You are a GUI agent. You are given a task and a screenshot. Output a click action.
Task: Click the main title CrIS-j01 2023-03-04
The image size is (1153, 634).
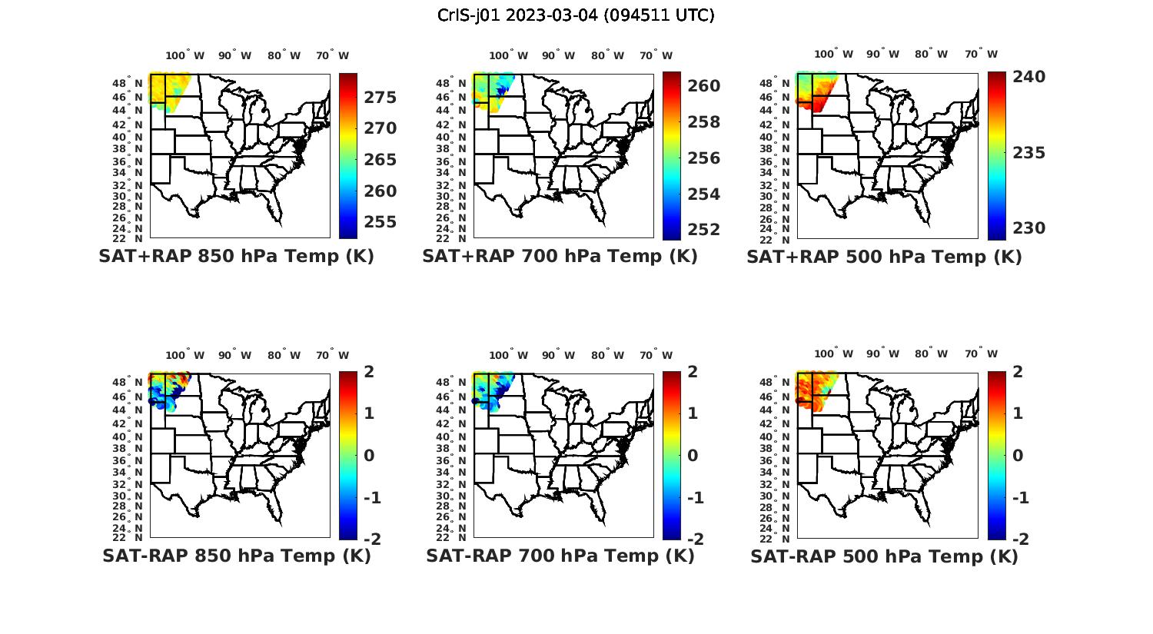click(576, 15)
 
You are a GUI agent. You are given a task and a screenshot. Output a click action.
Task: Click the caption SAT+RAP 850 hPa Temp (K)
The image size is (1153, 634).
click(236, 256)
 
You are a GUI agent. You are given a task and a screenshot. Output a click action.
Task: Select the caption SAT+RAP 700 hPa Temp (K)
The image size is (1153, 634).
click(560, 256)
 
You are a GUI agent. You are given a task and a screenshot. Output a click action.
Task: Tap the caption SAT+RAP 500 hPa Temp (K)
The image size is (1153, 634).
click(884, 257)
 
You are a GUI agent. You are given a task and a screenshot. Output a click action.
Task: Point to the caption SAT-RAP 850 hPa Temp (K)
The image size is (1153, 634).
click(236, 556)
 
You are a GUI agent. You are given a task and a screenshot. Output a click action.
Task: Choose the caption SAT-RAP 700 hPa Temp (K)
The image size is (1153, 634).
click(560, 556)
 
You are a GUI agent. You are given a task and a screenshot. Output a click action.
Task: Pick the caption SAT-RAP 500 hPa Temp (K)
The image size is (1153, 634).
click(884, 556)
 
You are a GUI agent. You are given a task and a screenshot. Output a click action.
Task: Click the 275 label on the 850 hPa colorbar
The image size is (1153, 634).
click(380, 98)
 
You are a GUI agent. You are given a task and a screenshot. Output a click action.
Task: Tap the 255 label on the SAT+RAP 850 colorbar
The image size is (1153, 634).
click(380, 222)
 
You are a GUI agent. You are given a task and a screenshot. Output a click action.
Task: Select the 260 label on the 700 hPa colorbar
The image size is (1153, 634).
click(703, 86)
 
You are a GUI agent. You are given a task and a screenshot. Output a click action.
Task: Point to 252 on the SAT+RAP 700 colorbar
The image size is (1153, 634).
click(703, 230)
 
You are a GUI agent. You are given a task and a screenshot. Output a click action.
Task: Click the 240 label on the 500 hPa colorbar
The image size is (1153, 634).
click(1028, 77)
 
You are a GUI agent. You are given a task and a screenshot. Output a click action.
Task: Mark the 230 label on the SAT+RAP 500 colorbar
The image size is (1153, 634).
click(1028, 228)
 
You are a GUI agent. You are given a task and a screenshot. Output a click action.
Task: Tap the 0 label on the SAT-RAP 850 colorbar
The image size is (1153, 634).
click(369, 455)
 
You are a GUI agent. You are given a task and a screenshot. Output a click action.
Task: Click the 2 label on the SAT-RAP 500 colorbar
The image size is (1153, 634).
click(1018, 372)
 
